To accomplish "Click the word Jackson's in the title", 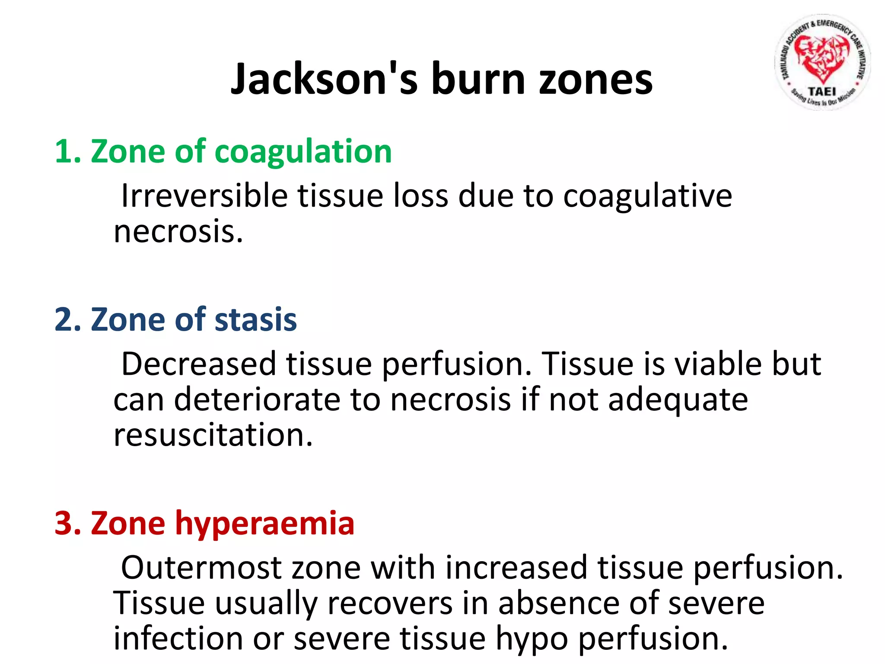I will coord(325,79).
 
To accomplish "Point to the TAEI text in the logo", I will coord(822,92).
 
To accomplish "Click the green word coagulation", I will coord(303,152).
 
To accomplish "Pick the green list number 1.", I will coord(65,152).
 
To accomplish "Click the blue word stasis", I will coord(255,320).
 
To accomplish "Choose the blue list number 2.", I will coord(65,320).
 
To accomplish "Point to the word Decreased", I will coord(198,364).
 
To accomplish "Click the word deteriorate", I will coord(257,399).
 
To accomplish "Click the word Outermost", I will coord(201,568).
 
